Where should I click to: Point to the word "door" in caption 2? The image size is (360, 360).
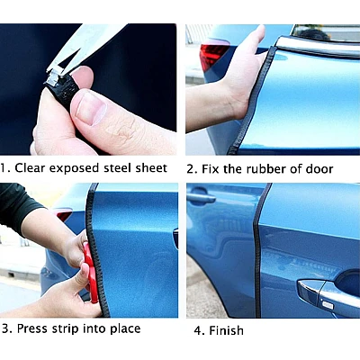point(319,169)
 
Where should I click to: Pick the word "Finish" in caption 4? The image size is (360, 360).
point(226,330)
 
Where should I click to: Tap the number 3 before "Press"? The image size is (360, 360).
point(7,328)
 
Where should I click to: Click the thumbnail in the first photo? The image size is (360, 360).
point(91,108)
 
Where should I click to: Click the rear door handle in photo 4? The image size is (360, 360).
point(201,198)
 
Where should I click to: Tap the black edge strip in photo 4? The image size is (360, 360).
point(257,250)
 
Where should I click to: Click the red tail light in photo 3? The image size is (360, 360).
point(64,214)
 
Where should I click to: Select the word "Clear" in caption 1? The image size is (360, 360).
point(31,168)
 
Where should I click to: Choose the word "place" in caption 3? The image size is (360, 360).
point(125,328)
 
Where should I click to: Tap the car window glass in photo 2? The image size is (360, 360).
point(327,32)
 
